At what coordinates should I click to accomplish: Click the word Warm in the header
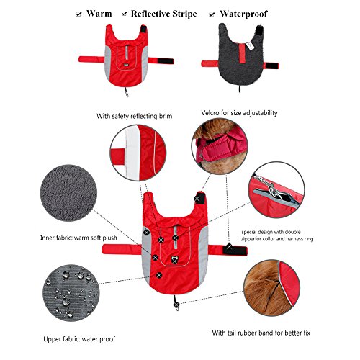[99, 14]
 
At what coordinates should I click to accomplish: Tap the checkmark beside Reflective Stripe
[124, 14]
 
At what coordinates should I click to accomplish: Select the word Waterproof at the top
[243, 14]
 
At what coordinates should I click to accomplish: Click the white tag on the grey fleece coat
[250, 45]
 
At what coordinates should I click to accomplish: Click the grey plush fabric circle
[68, 193]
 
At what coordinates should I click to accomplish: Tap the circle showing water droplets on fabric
[71, 293]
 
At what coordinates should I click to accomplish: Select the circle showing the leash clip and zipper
[276, 189]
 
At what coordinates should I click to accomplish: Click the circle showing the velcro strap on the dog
[220, 146]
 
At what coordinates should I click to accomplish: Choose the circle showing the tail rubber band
[271, 288]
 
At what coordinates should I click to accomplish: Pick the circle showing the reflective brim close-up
[138, 153]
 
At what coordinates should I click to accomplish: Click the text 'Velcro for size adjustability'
[239, 113]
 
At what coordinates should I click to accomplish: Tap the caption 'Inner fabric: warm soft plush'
[78, 238]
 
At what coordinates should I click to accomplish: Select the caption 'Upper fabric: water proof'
[79, 339]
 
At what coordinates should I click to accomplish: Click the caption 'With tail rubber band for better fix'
[261, 333]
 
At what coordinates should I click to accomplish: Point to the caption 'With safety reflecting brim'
[135, 116]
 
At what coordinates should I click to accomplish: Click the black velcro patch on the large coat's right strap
[235, 251]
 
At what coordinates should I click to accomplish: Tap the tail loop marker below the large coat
[176, 305]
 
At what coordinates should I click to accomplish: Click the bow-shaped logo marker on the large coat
[174, 260]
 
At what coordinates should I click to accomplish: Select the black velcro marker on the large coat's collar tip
[199, 198]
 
